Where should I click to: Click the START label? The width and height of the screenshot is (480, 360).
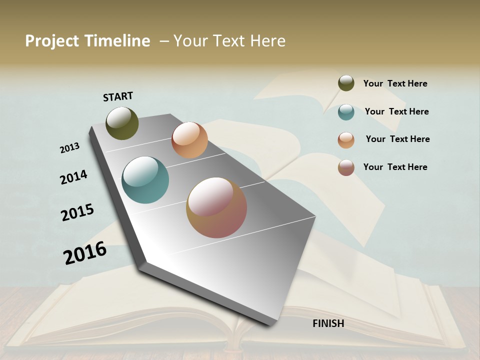pyautogui.click(x=118, y=96)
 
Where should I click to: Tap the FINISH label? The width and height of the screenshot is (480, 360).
pyautogui.click(x=328, y=323)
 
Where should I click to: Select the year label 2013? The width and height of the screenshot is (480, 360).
pyautogui.click(x=69, y=148)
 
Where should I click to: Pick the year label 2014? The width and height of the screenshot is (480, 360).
pyautogui.click(x=73, y=177)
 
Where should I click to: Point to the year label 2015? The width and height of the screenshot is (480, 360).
pyautogui.click(x=77, y=212)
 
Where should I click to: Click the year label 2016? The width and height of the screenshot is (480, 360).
pyautogui.click(x=85, y=253)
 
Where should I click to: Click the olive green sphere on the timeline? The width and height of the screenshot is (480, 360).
pyautogui.click(x=122, y=123)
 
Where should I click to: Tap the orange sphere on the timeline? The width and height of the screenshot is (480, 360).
pyautogui.click(x=189, y=140)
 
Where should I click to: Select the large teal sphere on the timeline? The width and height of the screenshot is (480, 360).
pyautogui.click(x=145, y=180)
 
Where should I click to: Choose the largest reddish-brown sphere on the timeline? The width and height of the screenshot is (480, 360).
pyautogui.click(x=216, y=207)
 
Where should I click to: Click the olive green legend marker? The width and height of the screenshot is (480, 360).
pyautogui.click(x=346, y=83)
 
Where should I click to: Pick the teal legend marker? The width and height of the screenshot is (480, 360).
pyautogui.click(x=346, y=111)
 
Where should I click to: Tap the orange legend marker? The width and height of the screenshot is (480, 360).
pyautogui.click(x=346, y=139)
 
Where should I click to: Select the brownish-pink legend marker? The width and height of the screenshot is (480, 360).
pyautogui.click(x=346, y=167)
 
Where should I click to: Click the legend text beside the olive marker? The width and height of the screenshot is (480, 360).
pyautogui.click(x=395, y=83)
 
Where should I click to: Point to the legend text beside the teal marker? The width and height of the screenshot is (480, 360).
pyautogui.click(x=396, y=111)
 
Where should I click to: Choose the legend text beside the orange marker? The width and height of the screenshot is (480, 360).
pyautogui.click(x=397, y=139)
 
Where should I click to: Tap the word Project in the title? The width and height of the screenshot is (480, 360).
pyautogui.click(x=51, y=41)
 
